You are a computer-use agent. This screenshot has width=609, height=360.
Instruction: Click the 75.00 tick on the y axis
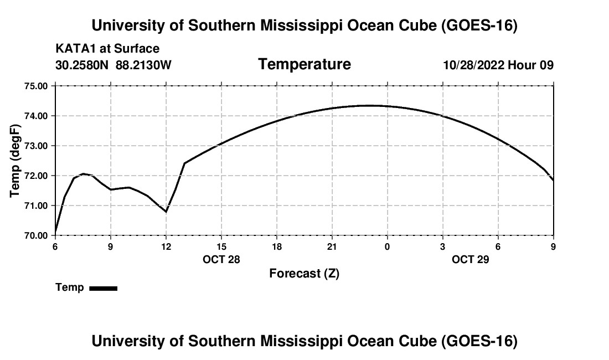pos(36,86)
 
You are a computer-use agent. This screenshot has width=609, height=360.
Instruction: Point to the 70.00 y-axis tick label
pos(36,235)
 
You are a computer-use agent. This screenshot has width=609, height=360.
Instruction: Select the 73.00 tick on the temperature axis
pos(36,146)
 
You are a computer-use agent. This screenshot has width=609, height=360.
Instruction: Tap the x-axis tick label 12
pos(166,246)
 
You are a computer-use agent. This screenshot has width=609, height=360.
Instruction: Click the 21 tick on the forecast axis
pos(332,246)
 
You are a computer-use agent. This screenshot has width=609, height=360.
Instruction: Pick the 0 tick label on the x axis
pos(387,246)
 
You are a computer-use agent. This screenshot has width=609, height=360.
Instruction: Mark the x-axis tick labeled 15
pos(221,246)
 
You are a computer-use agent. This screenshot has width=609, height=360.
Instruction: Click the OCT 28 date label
pos(221,259)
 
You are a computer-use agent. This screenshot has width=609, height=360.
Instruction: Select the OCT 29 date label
pos(471,259)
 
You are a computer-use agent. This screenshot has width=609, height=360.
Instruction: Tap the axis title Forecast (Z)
pos(304,274)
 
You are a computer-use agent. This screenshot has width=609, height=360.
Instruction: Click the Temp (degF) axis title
pos(15,161)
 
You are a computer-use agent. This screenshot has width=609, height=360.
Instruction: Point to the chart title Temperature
pos(304,64)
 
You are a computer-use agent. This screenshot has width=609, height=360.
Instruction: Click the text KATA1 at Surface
pos(107,49)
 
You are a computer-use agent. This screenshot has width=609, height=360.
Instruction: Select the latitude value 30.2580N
pos(82,65)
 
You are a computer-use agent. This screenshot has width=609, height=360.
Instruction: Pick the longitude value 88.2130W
pos(143,65)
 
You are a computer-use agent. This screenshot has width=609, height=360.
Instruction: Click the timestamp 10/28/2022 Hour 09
pos(498,65)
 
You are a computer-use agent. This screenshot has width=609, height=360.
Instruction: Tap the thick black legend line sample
pos(104,288)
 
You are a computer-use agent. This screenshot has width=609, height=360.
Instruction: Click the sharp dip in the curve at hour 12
pos(166,212)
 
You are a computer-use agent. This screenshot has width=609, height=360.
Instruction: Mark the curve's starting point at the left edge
pos(55,232)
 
